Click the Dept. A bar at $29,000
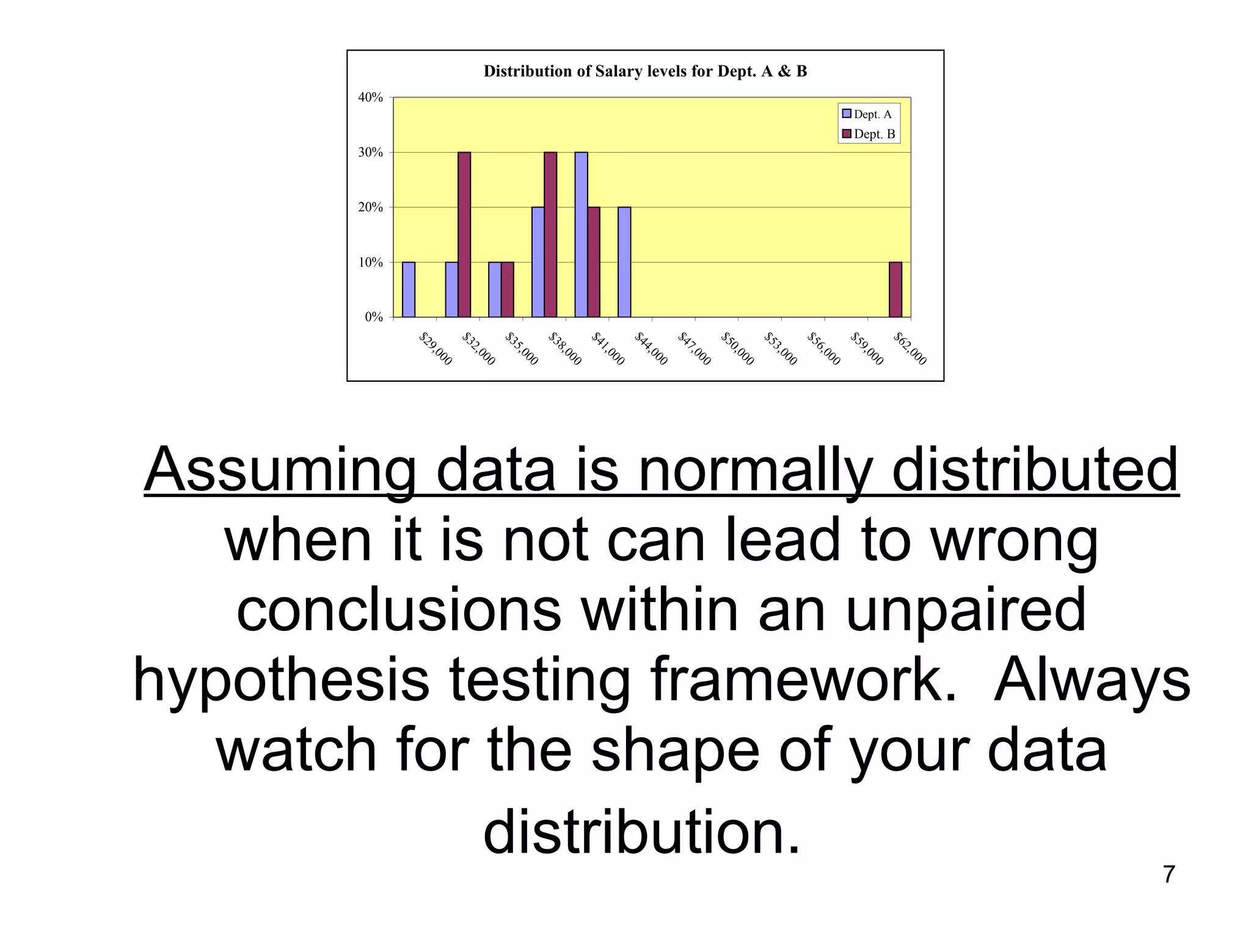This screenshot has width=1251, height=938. [x=409, y=289]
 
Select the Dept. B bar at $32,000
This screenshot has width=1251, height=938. [x=464, y=234]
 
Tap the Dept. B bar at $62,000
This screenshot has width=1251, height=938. [x=895, y=289]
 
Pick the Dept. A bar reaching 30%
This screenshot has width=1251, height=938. [x=581, y=234]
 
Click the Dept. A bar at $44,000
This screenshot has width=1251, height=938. [x=624, y=262]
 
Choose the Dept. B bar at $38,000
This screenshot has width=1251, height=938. [x=550, y=234]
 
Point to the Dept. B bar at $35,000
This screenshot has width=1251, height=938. [x=508, y=289]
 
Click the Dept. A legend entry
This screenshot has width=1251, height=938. [x=867, y=114]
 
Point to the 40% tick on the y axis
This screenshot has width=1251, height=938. [x=371, y=98]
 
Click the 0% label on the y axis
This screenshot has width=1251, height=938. [x=374, y=317]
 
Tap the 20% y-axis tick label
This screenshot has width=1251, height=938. [x=371, y=208]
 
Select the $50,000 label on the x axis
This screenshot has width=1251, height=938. [x=738, y=349]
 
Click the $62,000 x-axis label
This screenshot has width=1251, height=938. [x=910, y=349]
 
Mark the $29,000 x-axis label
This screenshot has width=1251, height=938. [x=436, y=349]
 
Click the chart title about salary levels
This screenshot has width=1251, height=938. [x=645, y=71]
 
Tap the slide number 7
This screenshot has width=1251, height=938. [x=1169, y=874]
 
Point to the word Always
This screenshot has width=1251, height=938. [x=1092, y=680]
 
